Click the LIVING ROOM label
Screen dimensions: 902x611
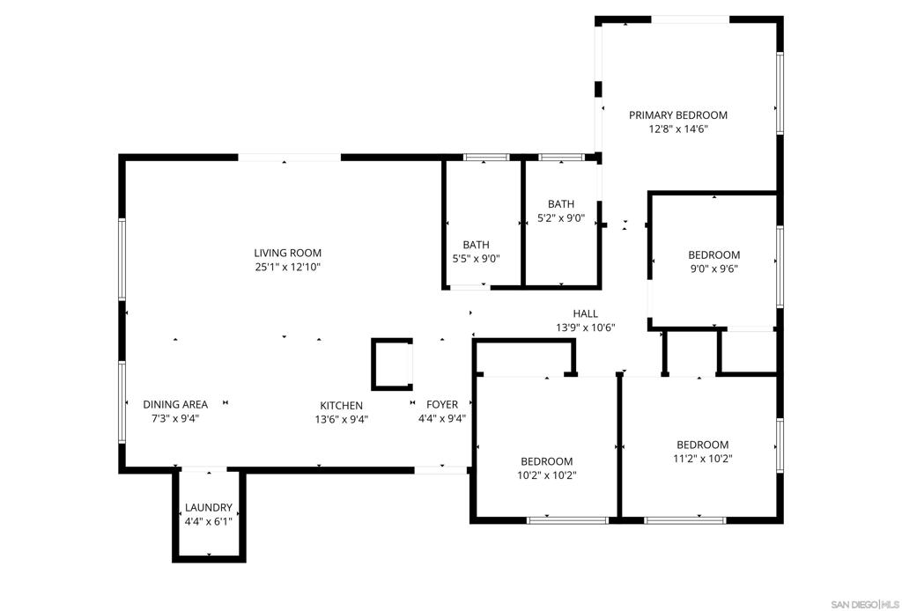[288, 253]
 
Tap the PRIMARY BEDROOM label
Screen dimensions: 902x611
[677, 115]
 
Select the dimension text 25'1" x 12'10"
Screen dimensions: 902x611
[288, 267]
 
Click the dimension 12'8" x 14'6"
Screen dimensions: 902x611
[677, 129]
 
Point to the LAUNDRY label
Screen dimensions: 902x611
[208, 507]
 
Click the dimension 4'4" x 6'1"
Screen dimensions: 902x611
[208, 521]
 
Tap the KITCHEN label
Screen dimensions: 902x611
[341, 405]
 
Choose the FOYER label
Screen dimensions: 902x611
[442, 405]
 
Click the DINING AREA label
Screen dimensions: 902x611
[175, 405]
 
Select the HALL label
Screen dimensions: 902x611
[585, 313]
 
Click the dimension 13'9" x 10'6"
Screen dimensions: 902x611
[585, 328]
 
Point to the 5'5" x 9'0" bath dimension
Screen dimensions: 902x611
[476, 259]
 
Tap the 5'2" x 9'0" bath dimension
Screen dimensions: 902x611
[561, 217]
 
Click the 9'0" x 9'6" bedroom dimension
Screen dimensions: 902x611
[713, 269]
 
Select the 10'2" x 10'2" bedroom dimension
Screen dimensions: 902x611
[546, 475]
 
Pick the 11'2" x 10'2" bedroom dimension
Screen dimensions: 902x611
[702, 459]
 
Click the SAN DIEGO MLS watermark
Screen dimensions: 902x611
[866, 604]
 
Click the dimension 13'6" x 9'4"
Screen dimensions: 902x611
[341, 419]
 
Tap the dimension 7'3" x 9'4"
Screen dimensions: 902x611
[175, 418]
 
